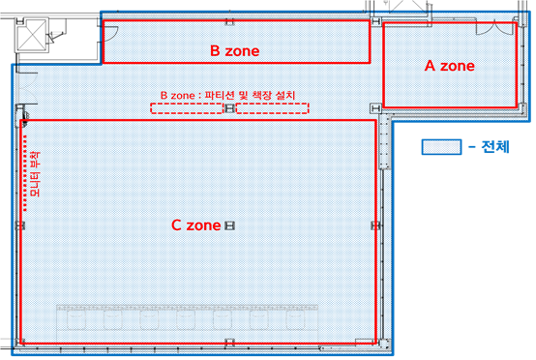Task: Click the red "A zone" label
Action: [x=450, y=66]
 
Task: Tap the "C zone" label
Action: [x=197, y=225]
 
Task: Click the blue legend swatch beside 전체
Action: [x=440, y=147]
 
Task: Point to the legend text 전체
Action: [x=493, y=147]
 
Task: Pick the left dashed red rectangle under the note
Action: [x=187, y=107]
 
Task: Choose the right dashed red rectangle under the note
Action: [x=273, y=107]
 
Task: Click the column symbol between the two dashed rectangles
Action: [x=229, y=107]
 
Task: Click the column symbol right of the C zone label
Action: [x=229, y=225]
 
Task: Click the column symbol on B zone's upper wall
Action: [x=229, y=20]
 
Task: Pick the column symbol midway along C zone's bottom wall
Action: [x=229, y=342]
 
